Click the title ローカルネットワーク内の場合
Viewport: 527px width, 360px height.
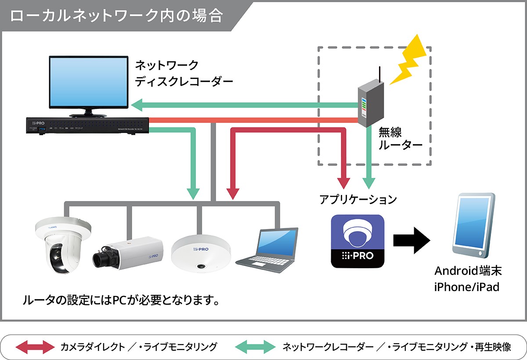(116, 16)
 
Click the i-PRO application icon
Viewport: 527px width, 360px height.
(357, 241)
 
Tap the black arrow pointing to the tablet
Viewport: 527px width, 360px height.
(411, 241)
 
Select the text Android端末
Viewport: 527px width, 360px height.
(467, 271)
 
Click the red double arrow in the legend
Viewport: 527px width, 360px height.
(35, 347)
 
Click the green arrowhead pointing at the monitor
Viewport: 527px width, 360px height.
(140, 105)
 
